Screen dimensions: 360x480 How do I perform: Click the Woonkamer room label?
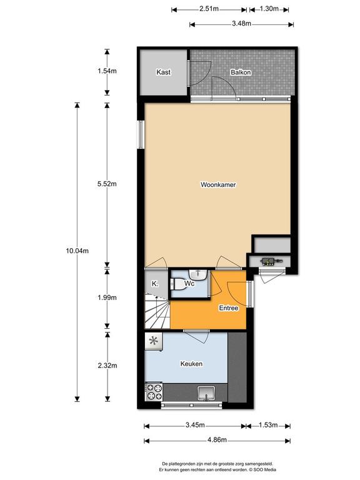(218, 184)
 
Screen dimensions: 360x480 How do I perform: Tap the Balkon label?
(241, 72)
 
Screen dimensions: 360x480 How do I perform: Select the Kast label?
(164, 72)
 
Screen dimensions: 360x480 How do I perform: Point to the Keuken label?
(191, 364)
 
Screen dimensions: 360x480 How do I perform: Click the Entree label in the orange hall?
(229, 308)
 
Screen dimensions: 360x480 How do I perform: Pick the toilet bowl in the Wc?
(177, 284)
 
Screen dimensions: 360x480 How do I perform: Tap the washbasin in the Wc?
(198, 274)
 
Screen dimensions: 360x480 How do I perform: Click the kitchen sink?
(206, 393)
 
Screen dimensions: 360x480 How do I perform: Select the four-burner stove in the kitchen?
(154, 392)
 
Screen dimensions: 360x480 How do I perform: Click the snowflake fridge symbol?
(154, 342)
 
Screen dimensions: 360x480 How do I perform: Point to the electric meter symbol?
(271, 262)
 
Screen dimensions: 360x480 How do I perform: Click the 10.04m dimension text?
(77, 251)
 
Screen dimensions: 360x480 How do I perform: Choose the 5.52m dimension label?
(107, 184)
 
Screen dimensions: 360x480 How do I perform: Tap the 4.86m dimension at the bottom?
(217, 440)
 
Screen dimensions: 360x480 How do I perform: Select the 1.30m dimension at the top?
(269, 9)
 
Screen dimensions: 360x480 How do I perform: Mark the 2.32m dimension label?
(107, 366)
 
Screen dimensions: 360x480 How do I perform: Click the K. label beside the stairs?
(155, 284)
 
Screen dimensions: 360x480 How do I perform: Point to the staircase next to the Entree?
(157, 311)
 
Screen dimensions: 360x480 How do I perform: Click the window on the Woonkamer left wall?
(141, 134)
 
